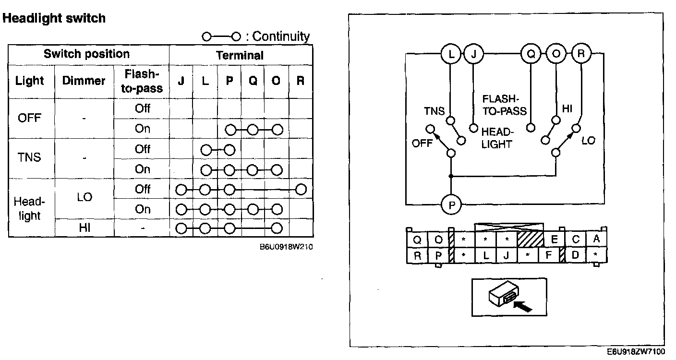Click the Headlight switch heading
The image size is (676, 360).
pos(54,19)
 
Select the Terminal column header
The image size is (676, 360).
pos(240,55)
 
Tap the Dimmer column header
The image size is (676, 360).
pos(84,81)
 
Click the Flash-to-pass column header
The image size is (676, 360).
pos(142,81)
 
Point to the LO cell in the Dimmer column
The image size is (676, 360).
pos(84,197)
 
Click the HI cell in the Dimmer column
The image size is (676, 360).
pos(84,228)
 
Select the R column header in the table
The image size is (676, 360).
pos(301,81)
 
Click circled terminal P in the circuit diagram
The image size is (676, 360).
pos(451,205)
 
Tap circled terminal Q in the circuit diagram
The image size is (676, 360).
pos(531,54)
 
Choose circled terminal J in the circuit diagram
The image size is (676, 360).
pos(474,54)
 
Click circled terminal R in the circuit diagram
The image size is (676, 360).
pos(581,53)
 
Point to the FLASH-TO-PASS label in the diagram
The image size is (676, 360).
pos(504,105)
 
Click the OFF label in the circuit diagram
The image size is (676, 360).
pos(422,144)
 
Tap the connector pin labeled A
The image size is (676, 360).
pos(596,239)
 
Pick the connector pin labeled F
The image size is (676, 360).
pos(548,255)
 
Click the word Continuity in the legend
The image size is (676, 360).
pos(281,36)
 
